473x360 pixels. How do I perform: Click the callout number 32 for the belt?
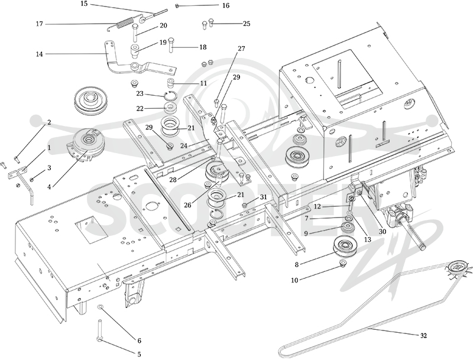(423, 336)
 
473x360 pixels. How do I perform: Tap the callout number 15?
(84, 4)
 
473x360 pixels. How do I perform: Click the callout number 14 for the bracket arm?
(40, 54)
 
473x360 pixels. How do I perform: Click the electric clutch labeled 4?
(86, 142)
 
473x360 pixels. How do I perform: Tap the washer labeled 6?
(101, 307)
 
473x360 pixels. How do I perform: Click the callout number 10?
(294, 280)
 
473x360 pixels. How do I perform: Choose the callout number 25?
(247, 24)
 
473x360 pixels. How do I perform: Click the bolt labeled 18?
(171, 44)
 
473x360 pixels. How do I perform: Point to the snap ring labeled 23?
(170, 95)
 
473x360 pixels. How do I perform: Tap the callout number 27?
(241, 48)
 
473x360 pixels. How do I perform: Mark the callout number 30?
(382, 232)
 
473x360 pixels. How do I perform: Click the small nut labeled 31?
(245, 206)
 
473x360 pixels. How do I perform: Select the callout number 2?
(49, 122)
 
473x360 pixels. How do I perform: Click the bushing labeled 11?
(171, 82)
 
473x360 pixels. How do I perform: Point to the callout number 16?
(225, 5)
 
